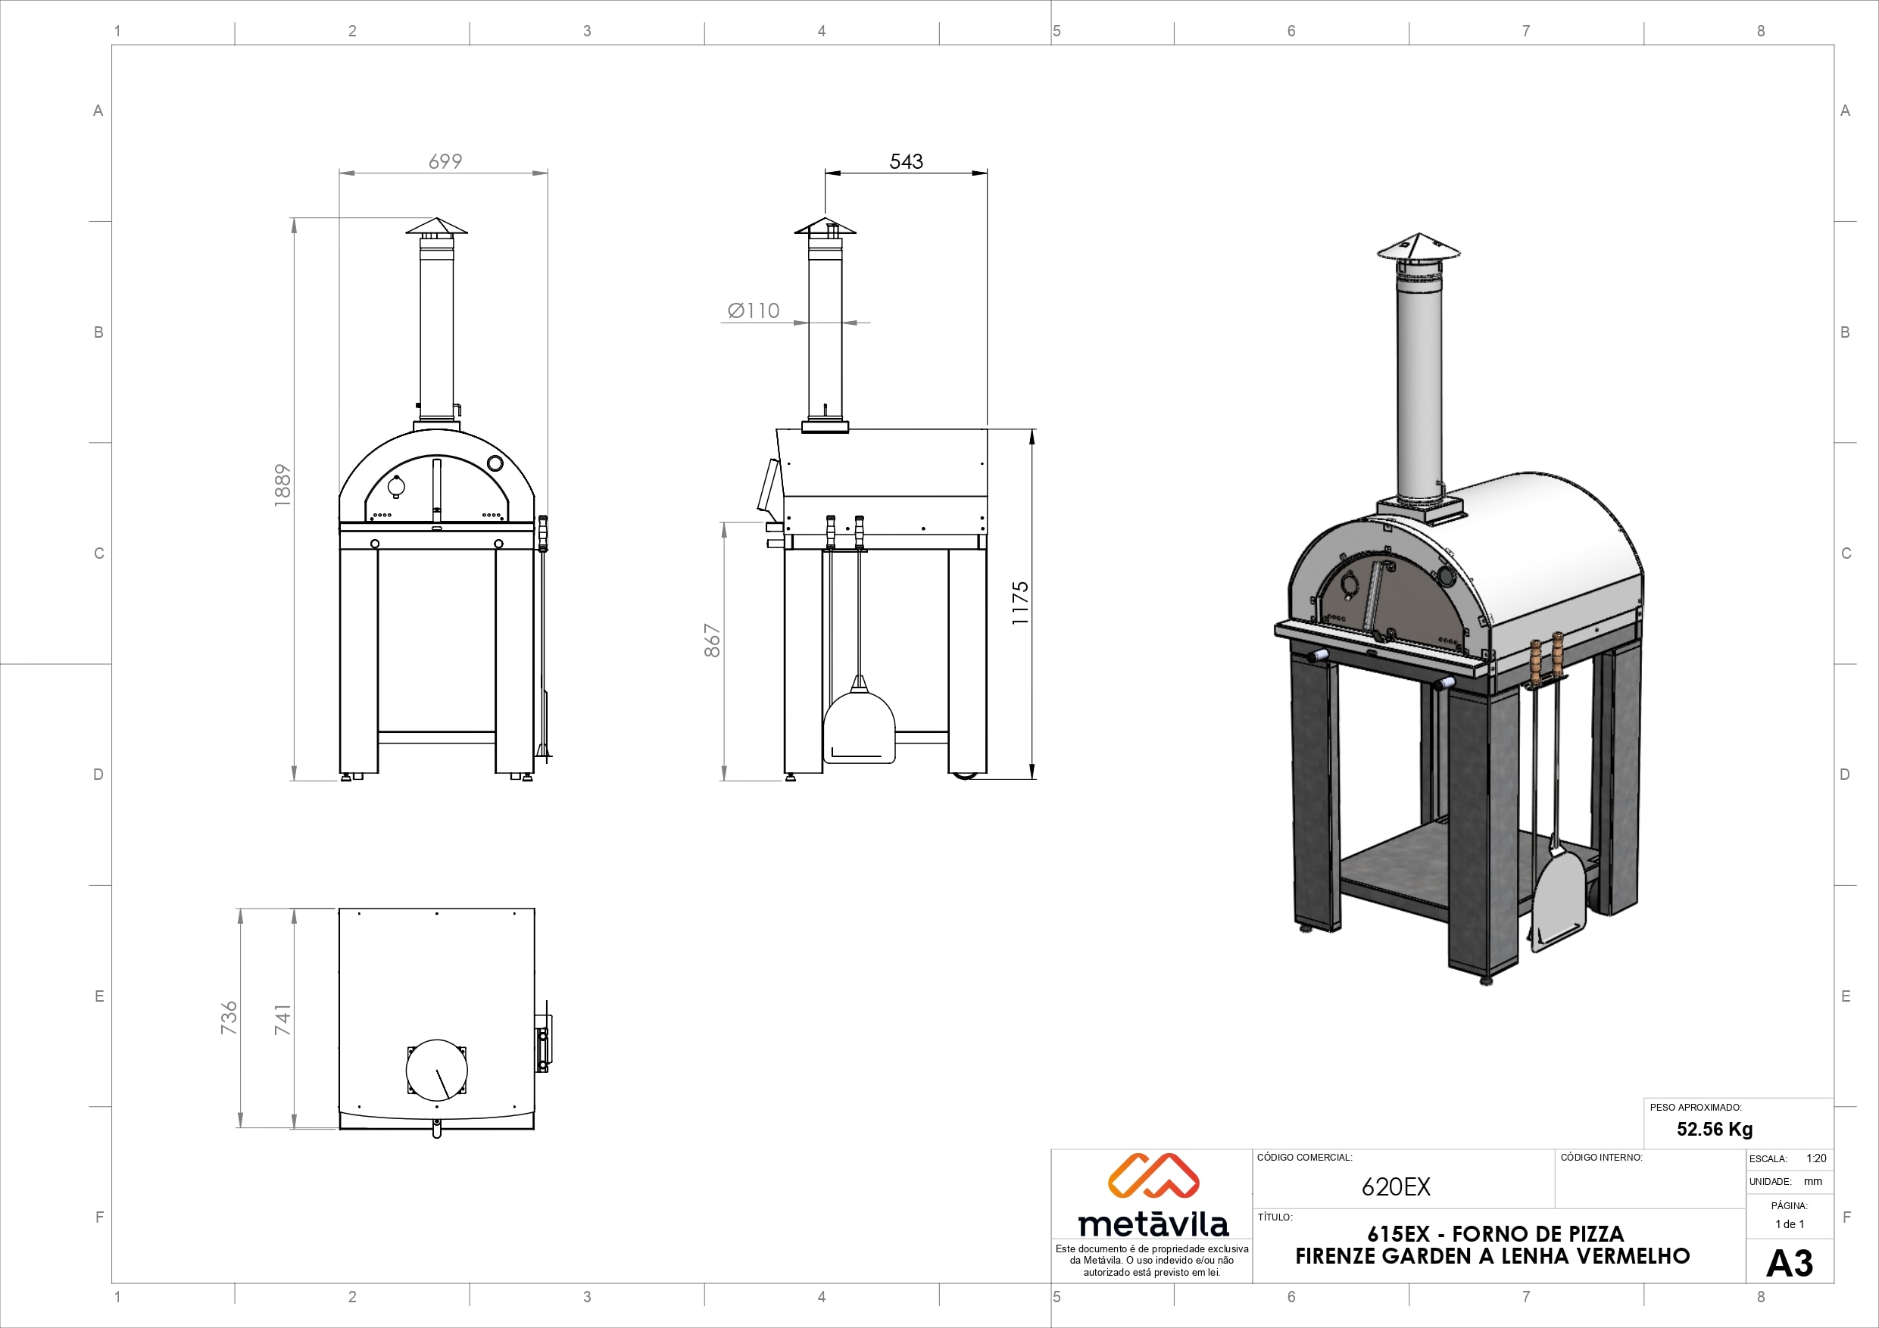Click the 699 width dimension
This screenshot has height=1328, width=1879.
(x=445, y=161)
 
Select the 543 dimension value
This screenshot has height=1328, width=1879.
(x=906, y=161)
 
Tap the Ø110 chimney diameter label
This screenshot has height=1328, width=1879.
(x=754, y=311)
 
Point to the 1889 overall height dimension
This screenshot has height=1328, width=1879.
(x=282, y=485)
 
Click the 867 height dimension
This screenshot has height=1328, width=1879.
(x=712, y=641)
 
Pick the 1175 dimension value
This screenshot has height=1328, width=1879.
(x=1019, y=604)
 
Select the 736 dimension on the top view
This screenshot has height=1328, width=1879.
(x=229, y=1018)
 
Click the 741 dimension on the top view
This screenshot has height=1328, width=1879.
(x=282, y=1020)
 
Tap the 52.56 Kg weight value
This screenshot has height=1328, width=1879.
(x=1715, y=1129)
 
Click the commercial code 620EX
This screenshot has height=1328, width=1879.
(x=1396, y=1187)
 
